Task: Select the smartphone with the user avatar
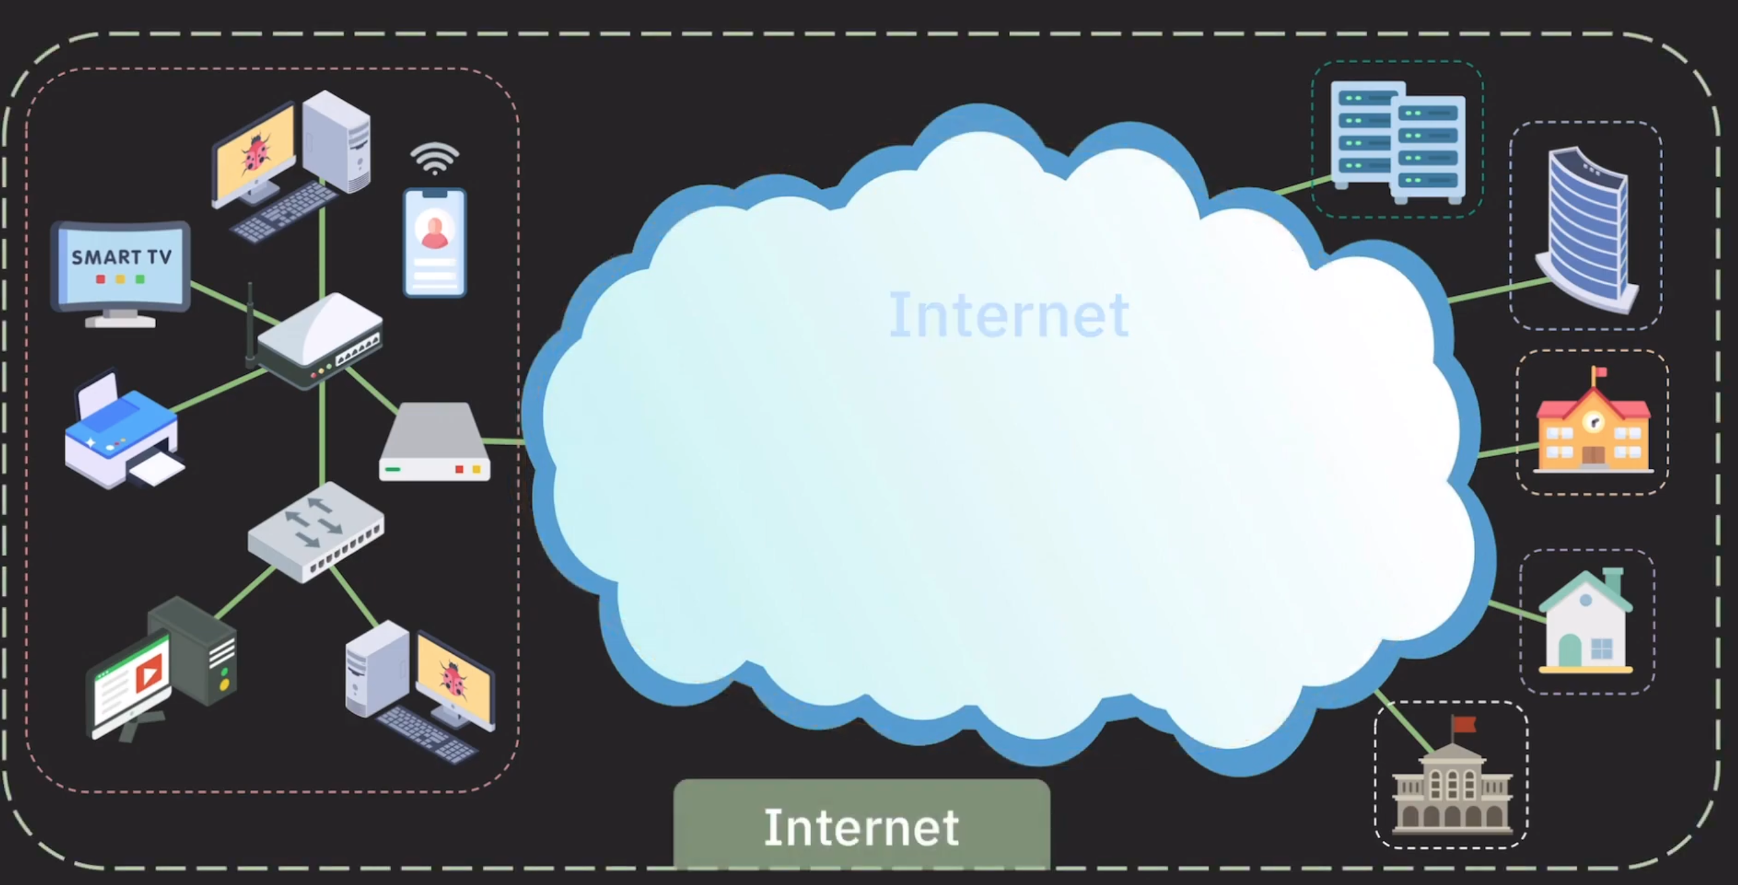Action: [x=435, y=243]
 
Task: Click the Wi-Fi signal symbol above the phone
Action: [x=435, y=158]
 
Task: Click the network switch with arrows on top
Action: [x=316, y=530]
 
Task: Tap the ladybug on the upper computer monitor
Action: [x=256, y=155]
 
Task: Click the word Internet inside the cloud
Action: [x=1009, y=315]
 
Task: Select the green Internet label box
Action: [x=862, y=826]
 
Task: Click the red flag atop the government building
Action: [x=1464, y=724]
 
